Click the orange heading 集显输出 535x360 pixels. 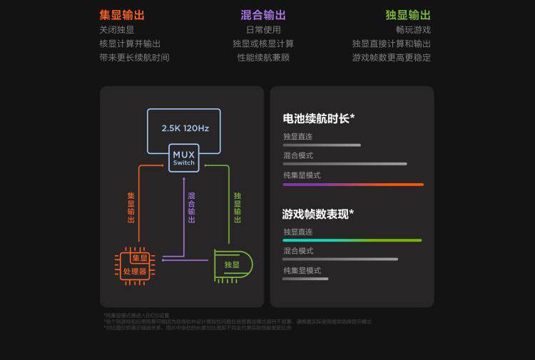click(x=122, y=15)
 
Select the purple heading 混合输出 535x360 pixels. click(x=263, y=15)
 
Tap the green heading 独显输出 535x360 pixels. click(x=408, y=15)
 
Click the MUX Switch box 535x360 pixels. click(x=183, y=158)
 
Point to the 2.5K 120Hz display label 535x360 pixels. click(x=185, y=128)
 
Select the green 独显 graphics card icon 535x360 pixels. click(x=233, y=264)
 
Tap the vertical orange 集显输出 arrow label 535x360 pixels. click(x=131, y=207)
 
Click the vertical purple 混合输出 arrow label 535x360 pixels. click(x=191, y=207)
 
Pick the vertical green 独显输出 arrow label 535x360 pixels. click(x=238, y=207)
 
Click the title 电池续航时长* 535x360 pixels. click(x=319, y=118)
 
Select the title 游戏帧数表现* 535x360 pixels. click(x=318, y=214)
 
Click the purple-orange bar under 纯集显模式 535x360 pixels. click(x=353, y=184)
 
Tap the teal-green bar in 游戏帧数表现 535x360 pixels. click(x=352, y=240)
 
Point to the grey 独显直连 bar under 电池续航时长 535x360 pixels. click(x=322, y=145)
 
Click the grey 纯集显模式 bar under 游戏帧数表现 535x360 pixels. click(x=305, y=279)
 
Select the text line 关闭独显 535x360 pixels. click(x=117, y=30)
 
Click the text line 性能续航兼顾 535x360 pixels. click(x=263, y=57)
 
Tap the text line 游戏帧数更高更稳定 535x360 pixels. click(x=392, y=57)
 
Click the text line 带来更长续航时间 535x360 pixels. click(x=135, y=57)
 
